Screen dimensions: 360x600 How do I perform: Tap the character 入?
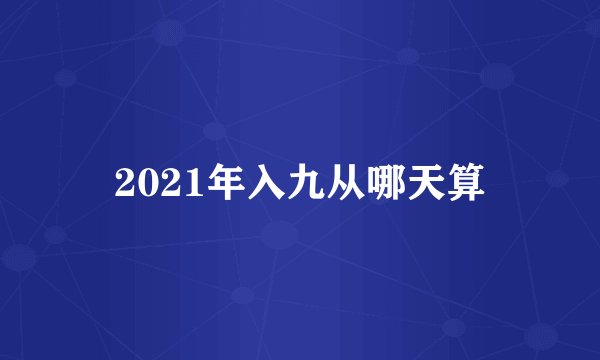(x=247, y=182)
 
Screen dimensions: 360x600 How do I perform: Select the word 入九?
(x=267, y=182)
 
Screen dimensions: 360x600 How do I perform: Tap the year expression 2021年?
(x=170, y=183)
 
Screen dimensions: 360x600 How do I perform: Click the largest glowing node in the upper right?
(x=497, y=75)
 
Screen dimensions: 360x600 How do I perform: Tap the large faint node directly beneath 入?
(x=280, y=236)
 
